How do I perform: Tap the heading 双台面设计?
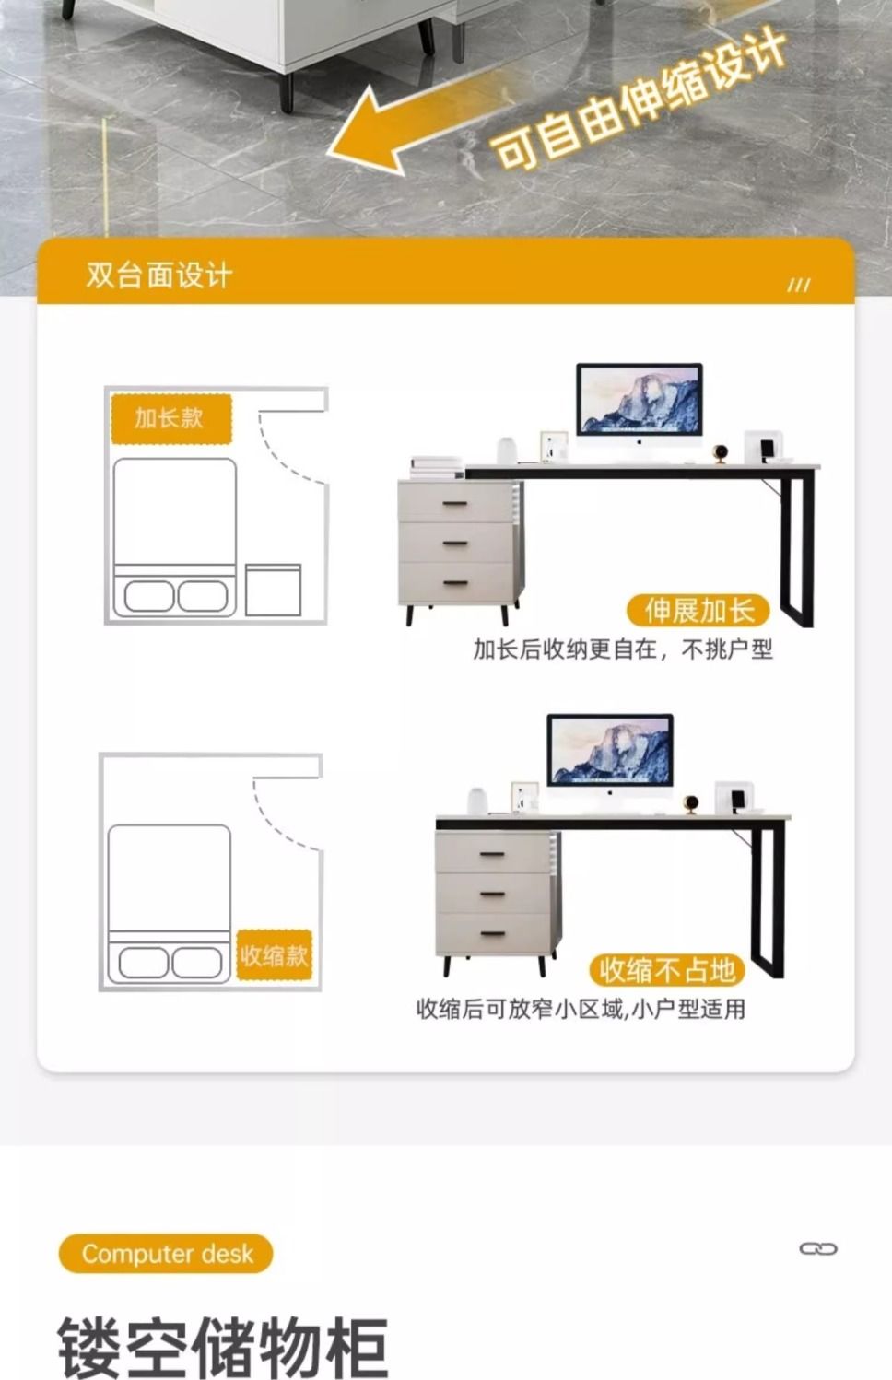[x=159, y=275]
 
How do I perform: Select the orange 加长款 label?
[x=171, y=419]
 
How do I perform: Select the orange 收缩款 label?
[x=275, y=955]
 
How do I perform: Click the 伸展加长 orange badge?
[x=698, y=611]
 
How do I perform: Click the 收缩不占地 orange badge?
[x=667, y=970]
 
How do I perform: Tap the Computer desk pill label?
[x=167, y=1253]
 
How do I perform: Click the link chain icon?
[x=818, y=1249]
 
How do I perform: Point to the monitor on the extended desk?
[x=640, y=404]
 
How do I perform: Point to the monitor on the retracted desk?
[x=610, y=756]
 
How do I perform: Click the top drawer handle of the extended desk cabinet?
[x=455, y=504]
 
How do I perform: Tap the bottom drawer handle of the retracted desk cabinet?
[x=493, y=934]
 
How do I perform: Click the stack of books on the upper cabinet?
[x=437, y=467]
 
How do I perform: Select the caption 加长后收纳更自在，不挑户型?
[x=623, y=649]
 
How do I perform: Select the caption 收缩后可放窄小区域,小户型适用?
[x=581, y=1009]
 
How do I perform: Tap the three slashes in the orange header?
[x=798, y=285]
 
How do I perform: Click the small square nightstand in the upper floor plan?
[x=273, y=591]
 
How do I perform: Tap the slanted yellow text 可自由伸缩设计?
[x=638, y=99]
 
